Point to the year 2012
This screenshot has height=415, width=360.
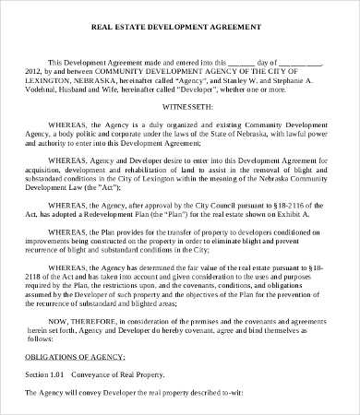pyautogui.click(x=34, y=71)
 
